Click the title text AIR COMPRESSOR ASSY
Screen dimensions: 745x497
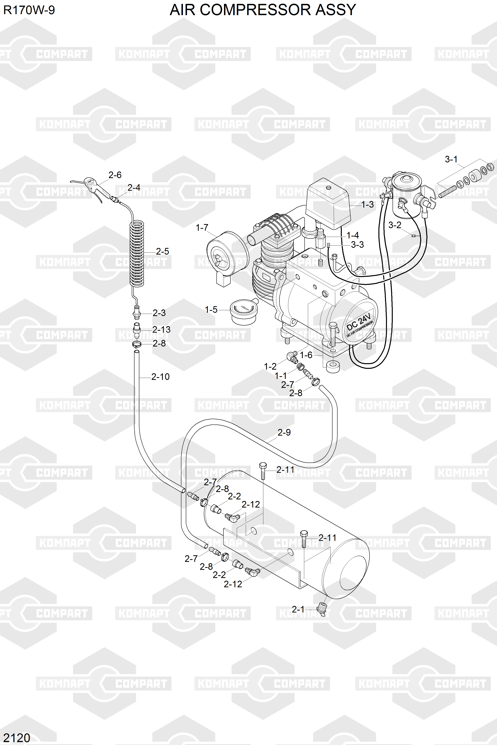coord(263,10)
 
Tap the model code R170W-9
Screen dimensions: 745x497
coord(29,10)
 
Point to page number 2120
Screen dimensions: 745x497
coord(17,738)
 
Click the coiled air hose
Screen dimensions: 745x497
coord(137,254)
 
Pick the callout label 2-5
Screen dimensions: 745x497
coord(162,252)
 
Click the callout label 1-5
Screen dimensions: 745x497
coord(211,310)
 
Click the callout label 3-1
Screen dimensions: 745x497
coord(451,159)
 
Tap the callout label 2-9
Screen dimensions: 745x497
coord(284,432)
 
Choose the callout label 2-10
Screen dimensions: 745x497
coord(160,377)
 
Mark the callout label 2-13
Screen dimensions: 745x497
coord(161,330)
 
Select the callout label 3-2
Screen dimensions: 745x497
coord(395,225)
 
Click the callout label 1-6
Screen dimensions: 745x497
coord(306,355)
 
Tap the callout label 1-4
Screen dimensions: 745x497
coord(352,235)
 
